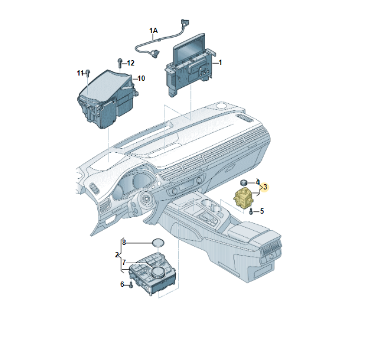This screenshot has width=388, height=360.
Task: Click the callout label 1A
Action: coord(153,31)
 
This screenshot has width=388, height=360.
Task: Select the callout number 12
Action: coord(131,63)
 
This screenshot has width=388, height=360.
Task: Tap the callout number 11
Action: coord(80,73)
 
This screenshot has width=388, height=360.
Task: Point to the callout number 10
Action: coord(141,78)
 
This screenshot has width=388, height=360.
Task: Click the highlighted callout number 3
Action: coord(265,186)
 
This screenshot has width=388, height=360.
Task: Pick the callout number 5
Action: coord(262,211)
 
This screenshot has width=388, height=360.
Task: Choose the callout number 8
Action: coord(124,243)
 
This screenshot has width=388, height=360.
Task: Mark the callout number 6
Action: coord(122,284)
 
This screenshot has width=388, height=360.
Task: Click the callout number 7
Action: coord(124,263)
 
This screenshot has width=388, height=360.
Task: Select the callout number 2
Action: coord(117,255)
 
